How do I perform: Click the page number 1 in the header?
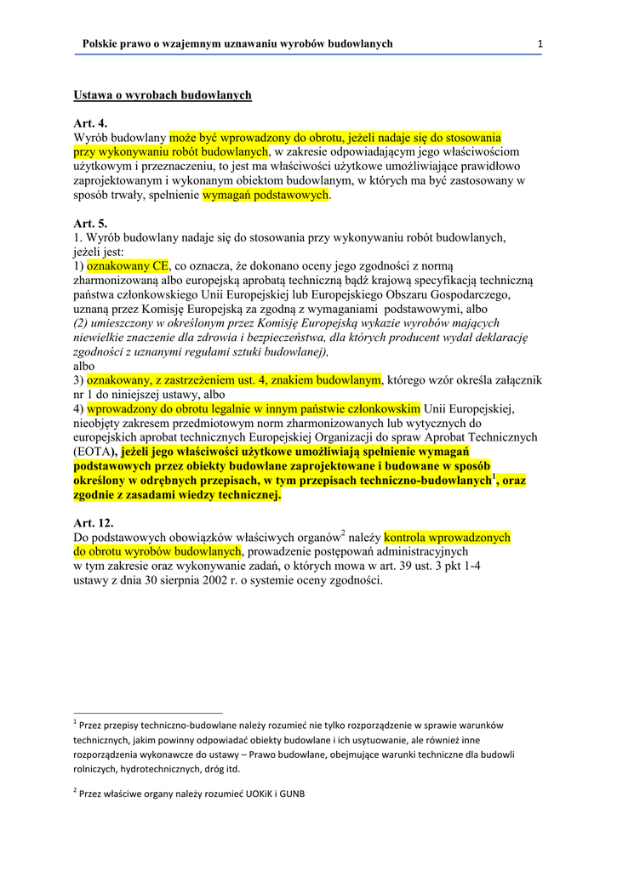(x=540, y=43)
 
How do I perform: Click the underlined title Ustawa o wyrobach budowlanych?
(x=163, y=94)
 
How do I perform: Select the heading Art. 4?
(x=90, y=123)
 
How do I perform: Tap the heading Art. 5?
(x=90, y=223)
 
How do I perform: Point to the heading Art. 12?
(x=94, y=523)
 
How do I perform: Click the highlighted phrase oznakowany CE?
(x=129, y=265)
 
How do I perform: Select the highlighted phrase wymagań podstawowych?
(x=266, y=195)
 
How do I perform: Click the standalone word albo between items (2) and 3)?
(x=84, y=366)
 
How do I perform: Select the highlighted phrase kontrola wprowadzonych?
(x=448, y=538)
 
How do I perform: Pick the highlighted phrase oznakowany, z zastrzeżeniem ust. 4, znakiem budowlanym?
(x=233, y=380)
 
